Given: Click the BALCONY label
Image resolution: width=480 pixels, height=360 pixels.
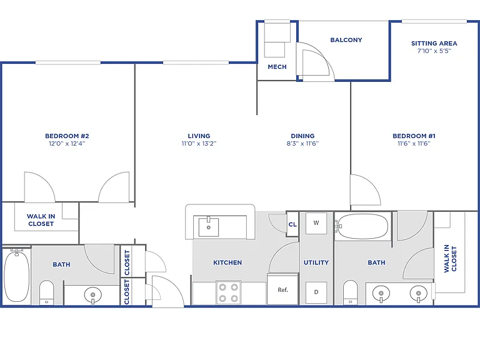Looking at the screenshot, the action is coord(346,40).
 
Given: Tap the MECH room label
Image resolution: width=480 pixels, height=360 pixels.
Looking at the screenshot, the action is coord(277,67).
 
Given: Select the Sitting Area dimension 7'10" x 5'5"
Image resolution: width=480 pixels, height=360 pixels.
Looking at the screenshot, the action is coord(434,51).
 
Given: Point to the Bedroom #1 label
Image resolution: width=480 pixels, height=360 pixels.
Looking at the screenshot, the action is coord(414,136).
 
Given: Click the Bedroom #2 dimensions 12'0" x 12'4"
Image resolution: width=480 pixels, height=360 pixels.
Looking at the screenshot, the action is coord(67,143).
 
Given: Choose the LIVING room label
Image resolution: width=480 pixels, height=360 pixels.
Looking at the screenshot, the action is coord(199,136).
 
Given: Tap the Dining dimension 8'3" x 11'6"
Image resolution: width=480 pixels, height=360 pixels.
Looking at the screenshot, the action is coord(302,143).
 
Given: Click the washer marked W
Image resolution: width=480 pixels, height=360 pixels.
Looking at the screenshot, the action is coord(316,223).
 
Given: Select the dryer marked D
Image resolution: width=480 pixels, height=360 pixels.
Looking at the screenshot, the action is coord(316,292).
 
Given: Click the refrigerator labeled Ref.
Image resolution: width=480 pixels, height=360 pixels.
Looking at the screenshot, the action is coord(282,289).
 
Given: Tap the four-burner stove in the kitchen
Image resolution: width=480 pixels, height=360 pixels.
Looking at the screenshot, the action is coord(228,292).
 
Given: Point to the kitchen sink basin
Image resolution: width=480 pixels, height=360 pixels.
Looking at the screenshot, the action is coord(209,227).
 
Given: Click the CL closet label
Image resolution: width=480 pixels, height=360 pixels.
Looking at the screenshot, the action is coord(292,224).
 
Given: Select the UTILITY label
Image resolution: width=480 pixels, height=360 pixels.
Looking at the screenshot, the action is coord(316,262).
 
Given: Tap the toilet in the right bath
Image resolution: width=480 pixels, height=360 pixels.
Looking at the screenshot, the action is coord(350,292).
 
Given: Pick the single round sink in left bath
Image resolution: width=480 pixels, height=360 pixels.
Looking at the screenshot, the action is coord(92,295).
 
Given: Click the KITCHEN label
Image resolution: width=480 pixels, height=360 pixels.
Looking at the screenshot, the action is coord(227,262).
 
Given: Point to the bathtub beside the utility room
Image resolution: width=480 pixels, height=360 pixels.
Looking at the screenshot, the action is coord(362,226).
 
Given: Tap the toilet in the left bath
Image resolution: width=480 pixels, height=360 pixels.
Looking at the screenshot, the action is coord(46,293).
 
